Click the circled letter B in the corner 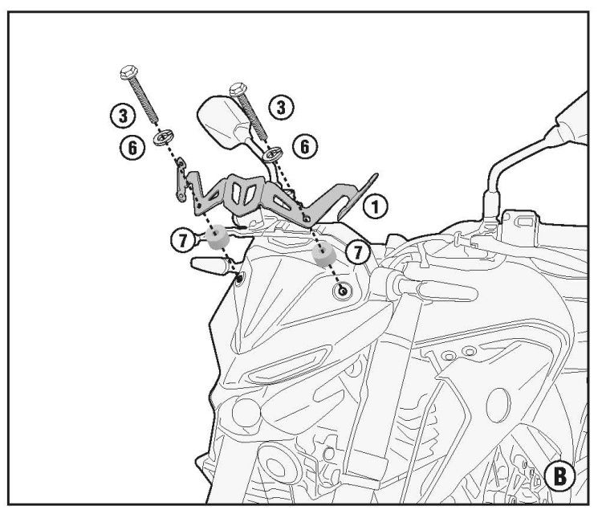click(560, 476)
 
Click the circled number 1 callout click(375, 206)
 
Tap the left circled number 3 click(124, 116)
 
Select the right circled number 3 click(281, 107)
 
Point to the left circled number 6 click(132, 147)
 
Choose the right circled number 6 click(305, 146)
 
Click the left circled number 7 click(183, 241)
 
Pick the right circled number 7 click(358, 252)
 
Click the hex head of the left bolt click(128, 72)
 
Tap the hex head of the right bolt click(238, 89)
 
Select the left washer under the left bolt click(164, 137)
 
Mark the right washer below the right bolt click(273, 153)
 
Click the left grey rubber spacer click(218, 237)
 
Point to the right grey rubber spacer click(323, 255)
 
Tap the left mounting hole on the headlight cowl click(239, 279)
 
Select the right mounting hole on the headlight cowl click(343, 291)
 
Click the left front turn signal click(210, 265)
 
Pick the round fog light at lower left click(246, 413)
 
